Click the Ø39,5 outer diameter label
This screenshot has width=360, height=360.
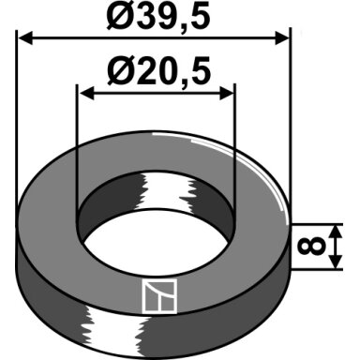[x=157, y=16]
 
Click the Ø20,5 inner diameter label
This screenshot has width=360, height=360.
[x=158, y=71]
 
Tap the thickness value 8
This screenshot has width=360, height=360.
[x=312, y=246]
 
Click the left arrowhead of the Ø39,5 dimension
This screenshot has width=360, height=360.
[x=25, y=38]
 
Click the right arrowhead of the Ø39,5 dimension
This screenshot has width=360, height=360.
[x=282, y=38]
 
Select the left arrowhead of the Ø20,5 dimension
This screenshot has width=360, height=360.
[x=87, y=93]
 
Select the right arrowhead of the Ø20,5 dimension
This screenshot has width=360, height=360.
[x=227, y=93]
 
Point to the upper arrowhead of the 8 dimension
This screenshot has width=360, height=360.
[x=336, y=232]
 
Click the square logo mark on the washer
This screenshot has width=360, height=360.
[x=159, y=295]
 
